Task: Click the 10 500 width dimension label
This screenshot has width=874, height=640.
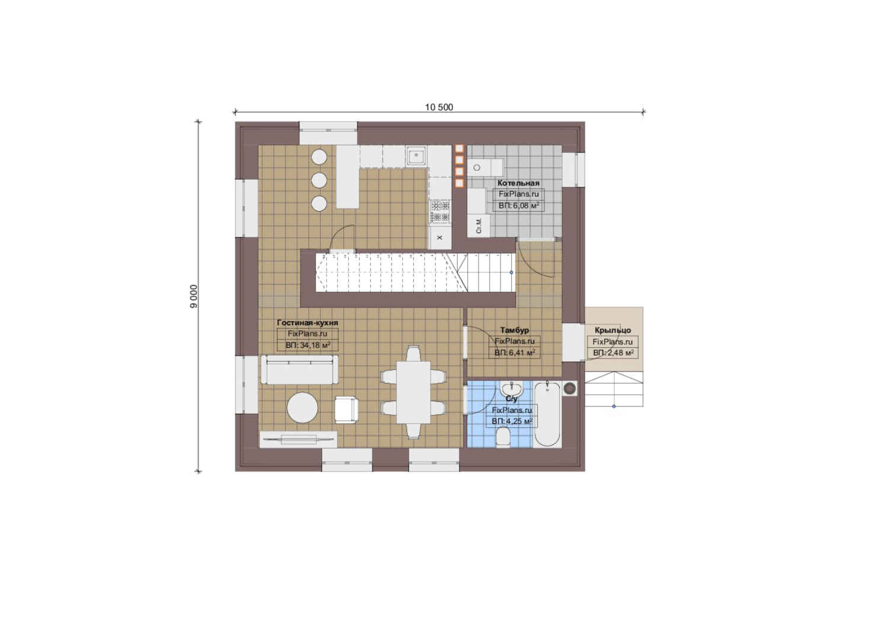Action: tap(439, 107)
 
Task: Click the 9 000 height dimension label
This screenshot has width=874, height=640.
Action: tap(194, 296)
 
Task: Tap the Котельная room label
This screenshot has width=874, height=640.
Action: tap(518, 183)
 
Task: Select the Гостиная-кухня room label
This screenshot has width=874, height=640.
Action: tap(308, 322)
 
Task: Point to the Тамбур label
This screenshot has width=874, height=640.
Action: tap(515, 330)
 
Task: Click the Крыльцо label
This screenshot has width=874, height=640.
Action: tap(613, 330)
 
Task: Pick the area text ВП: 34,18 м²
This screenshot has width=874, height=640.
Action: tap(308, 345)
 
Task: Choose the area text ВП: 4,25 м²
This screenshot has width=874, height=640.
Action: tap(512, 421)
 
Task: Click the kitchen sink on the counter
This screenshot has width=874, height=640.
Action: tap(417, 156)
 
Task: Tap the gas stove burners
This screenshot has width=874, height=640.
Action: tap(440, 211)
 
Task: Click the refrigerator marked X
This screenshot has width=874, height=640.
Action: tap(440, 238)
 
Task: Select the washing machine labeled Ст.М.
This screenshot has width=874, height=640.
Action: tap(479, 226)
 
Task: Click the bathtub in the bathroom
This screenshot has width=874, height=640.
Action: tap(547, 414)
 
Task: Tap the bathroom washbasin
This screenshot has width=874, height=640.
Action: tap(511, 389)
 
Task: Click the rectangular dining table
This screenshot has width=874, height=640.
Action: tap(414, 392)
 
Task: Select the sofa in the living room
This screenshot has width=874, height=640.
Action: tap(299, 369)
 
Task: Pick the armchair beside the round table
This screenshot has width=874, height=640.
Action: tap(346, 409)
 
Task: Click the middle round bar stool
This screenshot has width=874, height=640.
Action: tap(319, 180)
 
